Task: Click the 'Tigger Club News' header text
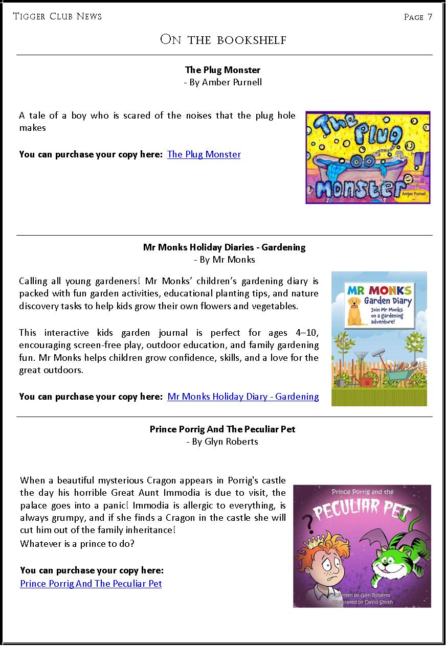tap(57, 16)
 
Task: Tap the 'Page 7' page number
tap(418, 17)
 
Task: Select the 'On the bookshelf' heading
tap(223, 39)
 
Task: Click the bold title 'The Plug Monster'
tap(223, 70)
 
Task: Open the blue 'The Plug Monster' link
tap(204, 154)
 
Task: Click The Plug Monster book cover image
tap(368, 157)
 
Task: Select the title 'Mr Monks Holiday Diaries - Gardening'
tap(224, 247)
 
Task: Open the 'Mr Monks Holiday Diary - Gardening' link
tap(243, 397)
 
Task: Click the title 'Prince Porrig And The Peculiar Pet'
tap(222, 429)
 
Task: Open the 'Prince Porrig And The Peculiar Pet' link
tap(91, 583)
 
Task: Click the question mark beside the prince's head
tap(308, 524)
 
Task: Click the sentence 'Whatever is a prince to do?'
tap(77, 543)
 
